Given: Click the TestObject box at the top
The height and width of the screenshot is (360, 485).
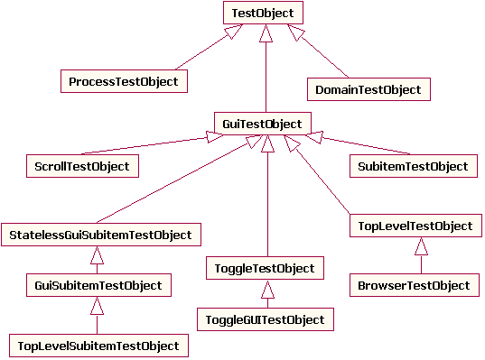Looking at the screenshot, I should (x=264, y=13).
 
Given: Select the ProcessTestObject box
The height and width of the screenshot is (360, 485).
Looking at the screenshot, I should (x=124, y=81).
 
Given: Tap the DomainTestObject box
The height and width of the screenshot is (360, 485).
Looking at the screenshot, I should (x=368, y=88).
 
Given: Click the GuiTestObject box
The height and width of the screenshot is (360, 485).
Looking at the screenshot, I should (x=263, y=123).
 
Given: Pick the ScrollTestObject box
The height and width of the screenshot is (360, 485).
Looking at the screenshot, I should (x=81, y=166).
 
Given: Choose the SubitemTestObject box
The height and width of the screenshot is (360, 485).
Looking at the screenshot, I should (x=412, y=166).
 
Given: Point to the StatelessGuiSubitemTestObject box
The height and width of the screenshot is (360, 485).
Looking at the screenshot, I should (x=100, y=235).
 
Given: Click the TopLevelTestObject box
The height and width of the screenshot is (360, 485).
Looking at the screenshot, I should (x=411, y=226).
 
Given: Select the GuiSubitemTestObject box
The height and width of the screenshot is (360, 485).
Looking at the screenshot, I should (x=98, y=285).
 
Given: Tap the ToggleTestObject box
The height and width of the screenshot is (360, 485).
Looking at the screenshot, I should (x=264, y=269).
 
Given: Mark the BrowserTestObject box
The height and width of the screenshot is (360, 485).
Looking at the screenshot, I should (x=414, y=285).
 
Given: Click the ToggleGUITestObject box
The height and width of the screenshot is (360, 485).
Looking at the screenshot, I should (x=265, y=318).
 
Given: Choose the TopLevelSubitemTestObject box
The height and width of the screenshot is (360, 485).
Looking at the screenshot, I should (x=98, y=346).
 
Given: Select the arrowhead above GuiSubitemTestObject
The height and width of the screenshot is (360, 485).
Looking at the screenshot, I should (x=98, y=255).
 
